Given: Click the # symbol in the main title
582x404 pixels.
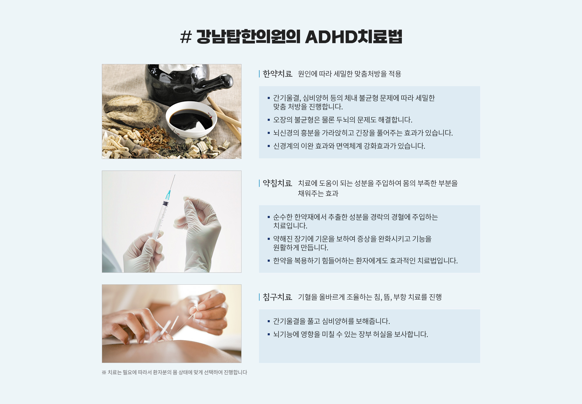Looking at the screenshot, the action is (x=186, y=37).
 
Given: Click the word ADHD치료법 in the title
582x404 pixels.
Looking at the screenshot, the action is (x=354, y=37).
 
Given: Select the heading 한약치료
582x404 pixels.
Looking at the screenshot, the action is (x=277, y=74).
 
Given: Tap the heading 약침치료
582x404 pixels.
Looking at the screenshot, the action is (x=277, y=183).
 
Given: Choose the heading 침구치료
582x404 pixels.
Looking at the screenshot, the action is (x=277, y=297).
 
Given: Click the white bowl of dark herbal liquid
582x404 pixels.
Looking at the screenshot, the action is (x=191, y=119).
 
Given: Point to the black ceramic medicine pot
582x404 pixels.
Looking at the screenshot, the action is (x=186, y=83).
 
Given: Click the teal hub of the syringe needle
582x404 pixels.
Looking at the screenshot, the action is (x=168, y=195).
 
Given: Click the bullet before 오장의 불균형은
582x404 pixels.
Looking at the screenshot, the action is (x=269, y=120).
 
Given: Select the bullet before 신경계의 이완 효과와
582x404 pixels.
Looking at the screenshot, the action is (x=269, y=146).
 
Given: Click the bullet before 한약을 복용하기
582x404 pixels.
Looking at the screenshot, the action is (x=269, y=261).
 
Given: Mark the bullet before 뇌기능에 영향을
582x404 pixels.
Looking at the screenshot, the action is (x=269, y=334).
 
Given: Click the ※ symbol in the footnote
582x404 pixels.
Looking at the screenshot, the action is (x=104, y=373).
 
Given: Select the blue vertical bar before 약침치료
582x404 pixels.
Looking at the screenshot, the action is (x=259, y=183).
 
